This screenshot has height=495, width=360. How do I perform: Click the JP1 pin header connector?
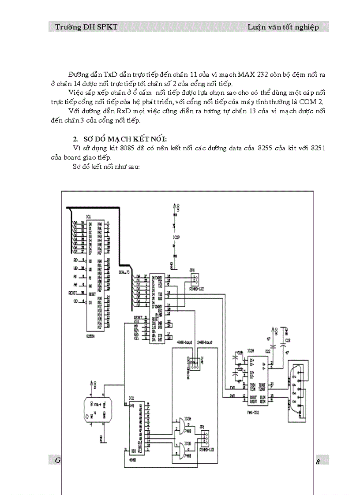203,439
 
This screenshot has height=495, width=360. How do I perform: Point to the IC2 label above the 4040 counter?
131,398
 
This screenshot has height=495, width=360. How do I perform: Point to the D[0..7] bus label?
125,272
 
